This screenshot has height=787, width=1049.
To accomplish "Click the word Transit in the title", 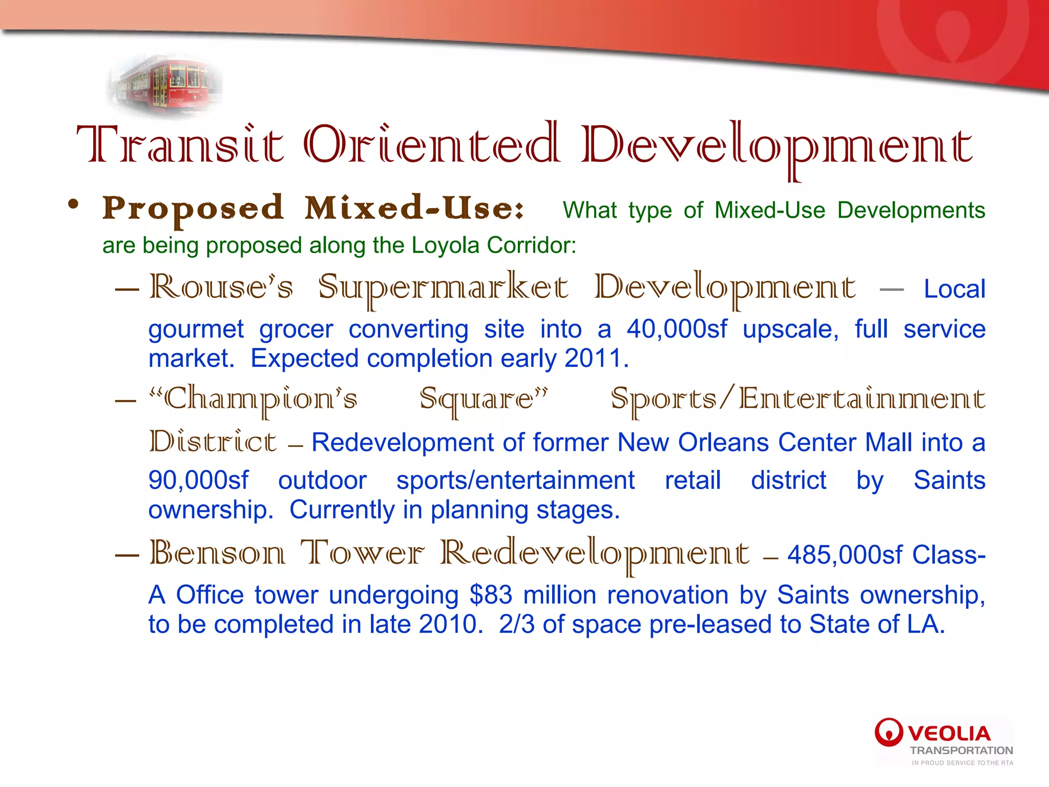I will pos(180,145).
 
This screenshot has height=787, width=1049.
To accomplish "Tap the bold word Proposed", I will pos(193,209).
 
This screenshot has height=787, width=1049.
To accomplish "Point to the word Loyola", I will pos(446,245).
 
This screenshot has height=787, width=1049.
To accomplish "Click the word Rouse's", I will pos(221,287).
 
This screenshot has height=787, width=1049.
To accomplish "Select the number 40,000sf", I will pos(677,329).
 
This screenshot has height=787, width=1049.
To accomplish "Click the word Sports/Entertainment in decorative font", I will pos(798,400).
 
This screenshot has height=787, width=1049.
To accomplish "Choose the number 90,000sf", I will pos(198,481).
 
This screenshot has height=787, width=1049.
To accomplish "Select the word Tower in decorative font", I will pos(362,554).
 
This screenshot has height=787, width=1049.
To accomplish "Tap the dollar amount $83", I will pos(491,595).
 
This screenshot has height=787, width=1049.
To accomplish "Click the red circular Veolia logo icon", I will pos(889,732).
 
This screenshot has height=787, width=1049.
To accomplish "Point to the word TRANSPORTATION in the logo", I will pos(961,751).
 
